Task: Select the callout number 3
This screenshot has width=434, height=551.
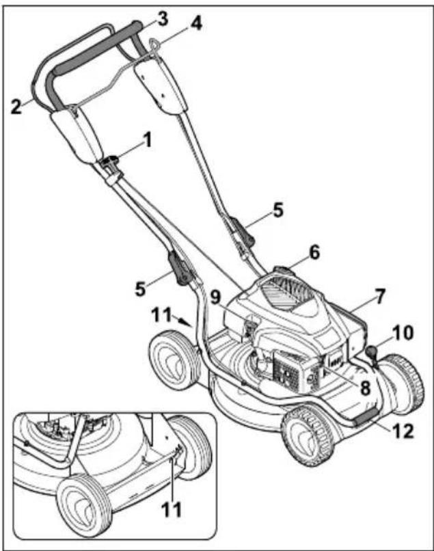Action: (x=161, y=18)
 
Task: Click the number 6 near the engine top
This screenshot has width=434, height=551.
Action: (x=313, y=253)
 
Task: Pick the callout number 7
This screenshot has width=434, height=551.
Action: (x=380, y=297)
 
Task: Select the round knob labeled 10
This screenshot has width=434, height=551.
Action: (x=372, y=352)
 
